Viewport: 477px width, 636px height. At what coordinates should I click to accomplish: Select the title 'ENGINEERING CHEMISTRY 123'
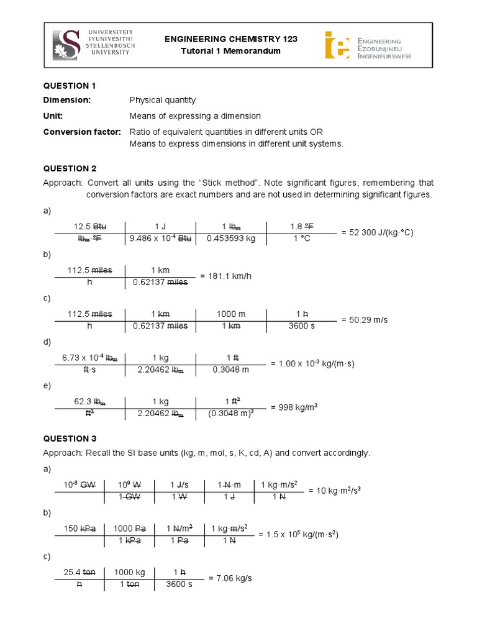tap(230, 39)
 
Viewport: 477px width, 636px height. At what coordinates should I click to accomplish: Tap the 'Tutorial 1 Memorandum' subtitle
tap(230, 51)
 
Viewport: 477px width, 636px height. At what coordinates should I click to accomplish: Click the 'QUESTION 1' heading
tap(70, 85)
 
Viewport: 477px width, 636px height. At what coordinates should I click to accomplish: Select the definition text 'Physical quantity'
tap(162, 100)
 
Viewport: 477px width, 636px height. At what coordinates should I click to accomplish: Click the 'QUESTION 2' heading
tap(70, 168)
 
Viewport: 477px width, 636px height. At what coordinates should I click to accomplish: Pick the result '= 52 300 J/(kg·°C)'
tap(377, 232)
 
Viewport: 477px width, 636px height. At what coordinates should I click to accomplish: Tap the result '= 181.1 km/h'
tap(225, 276)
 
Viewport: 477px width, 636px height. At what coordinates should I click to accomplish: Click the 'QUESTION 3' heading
tap(70, 438)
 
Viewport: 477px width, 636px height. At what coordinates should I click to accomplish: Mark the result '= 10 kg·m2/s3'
tap(335, 490)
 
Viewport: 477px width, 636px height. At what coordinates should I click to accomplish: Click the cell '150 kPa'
tap(79, 529)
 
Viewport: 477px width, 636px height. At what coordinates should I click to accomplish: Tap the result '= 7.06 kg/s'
tap(230, 578)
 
